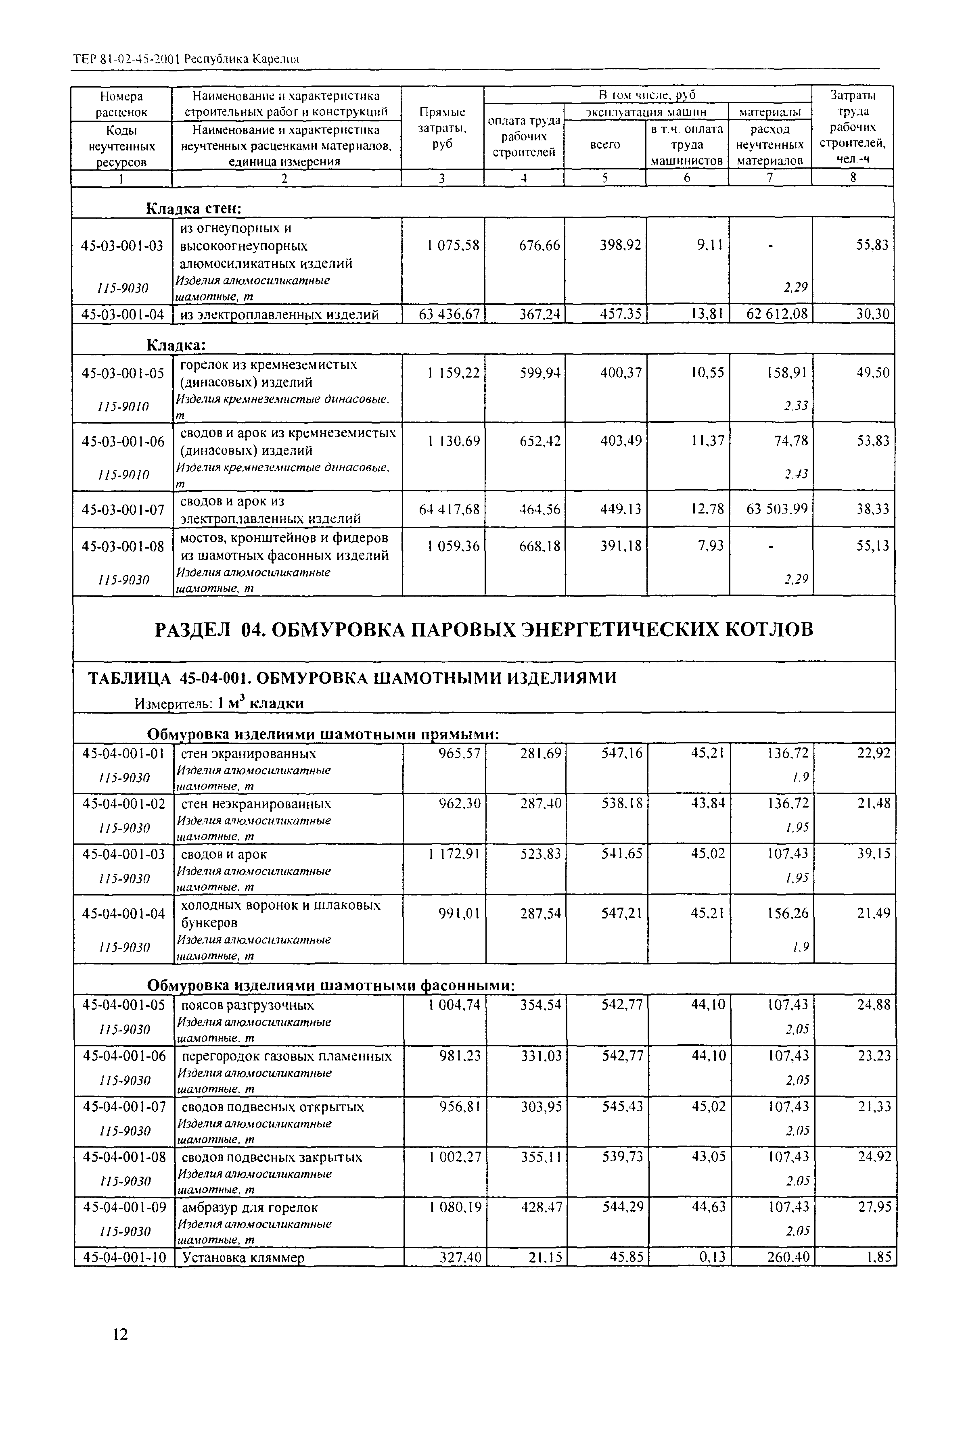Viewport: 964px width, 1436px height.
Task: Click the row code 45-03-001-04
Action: (x=122, y=315)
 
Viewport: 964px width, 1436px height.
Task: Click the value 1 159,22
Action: (x=453, y=372)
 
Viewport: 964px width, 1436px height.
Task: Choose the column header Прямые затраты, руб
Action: (x=442, y=128)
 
